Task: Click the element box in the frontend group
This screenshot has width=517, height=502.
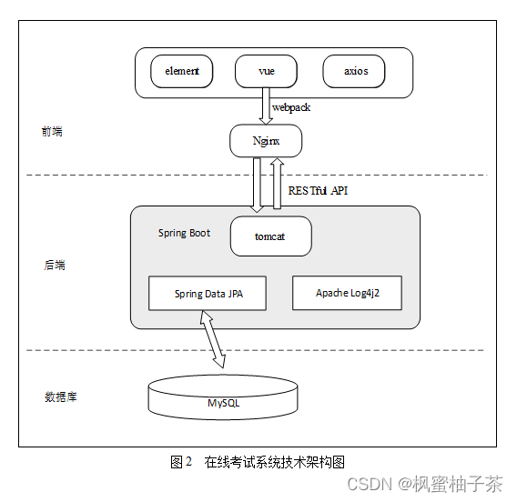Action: pos(182,71)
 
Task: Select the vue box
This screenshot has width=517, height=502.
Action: pos(267,71)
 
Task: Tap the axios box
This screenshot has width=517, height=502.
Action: pos(353,71)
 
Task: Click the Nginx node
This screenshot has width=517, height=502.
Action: pos(265,141)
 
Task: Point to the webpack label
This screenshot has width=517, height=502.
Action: pos(291,107)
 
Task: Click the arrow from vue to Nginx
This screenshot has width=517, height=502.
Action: pos(266,105)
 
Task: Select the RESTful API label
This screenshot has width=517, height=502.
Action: pos(318,191)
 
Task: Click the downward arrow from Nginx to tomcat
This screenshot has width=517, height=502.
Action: pos(258,186)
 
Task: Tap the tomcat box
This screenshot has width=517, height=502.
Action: pos(270,236)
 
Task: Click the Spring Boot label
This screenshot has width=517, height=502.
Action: pos(184,233)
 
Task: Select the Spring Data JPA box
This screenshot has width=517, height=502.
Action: pos(208,294)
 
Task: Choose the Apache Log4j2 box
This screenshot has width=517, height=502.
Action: pos(346,293)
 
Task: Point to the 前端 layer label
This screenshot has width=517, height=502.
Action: pos(53,132)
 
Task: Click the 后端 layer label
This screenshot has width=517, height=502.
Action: pos(55,266)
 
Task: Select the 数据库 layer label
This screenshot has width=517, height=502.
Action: pos(60,397)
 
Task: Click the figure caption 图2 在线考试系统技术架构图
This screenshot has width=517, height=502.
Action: pos(258,462)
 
